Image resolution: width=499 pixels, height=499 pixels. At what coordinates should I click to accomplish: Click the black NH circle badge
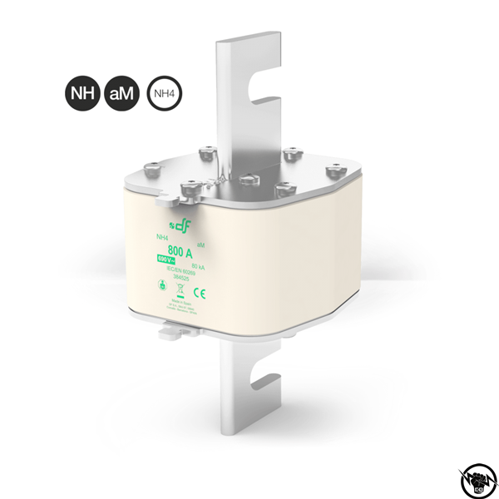82,95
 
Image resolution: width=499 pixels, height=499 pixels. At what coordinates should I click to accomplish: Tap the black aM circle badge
121,95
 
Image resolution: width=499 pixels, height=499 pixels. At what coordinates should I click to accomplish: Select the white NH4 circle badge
165,95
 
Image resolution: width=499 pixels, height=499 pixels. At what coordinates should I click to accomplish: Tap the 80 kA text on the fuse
199,265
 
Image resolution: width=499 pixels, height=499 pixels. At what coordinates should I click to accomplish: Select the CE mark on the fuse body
200,293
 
